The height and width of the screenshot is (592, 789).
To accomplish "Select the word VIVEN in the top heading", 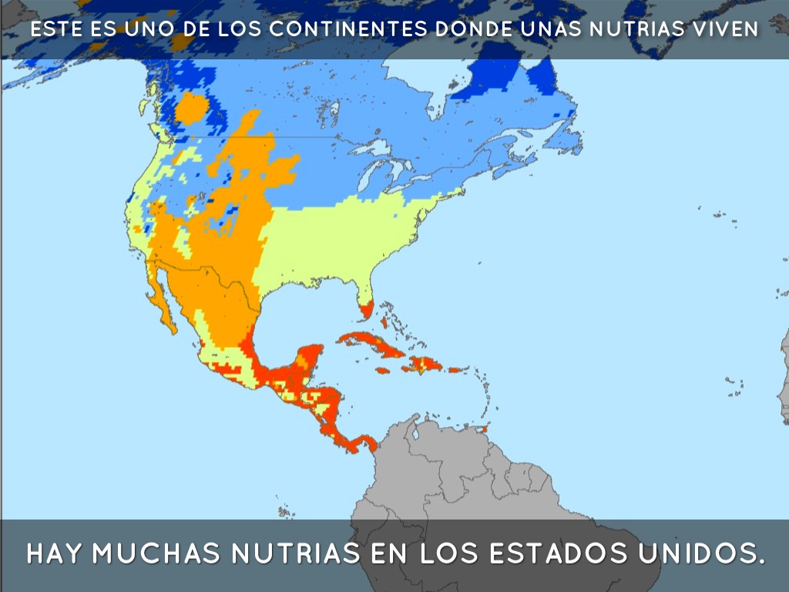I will point(727,29).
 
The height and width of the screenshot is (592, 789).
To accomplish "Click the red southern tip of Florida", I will point(366,310).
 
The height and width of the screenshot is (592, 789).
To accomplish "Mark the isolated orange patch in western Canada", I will point(191,108).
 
